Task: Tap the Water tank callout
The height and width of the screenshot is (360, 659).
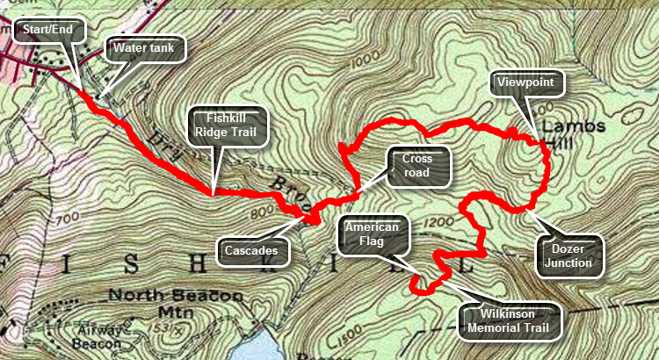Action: [143, 48]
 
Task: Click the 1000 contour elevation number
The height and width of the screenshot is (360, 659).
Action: [362, 63]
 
